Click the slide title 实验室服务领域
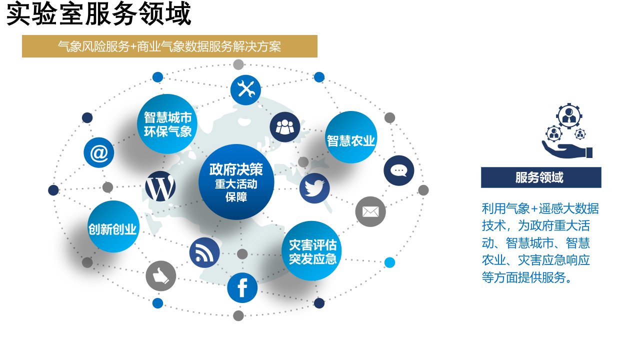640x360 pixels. coord(98,14)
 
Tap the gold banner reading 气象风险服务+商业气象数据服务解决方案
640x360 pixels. coord(169,46)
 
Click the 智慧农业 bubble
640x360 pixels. coord(350,137)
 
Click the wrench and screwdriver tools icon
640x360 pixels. coord(245,90)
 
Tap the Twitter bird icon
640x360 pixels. coord(314,188)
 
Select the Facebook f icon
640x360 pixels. coord(242,288)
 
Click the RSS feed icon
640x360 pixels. coord(204,252)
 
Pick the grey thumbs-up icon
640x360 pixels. coord(161,276)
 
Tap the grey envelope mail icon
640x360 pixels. coord(370,211)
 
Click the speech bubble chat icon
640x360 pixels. coord(399,170)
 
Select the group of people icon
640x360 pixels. coord(285,127)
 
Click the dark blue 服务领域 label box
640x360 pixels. coord(541,177)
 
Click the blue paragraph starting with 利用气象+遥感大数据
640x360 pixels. coord(540,243)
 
